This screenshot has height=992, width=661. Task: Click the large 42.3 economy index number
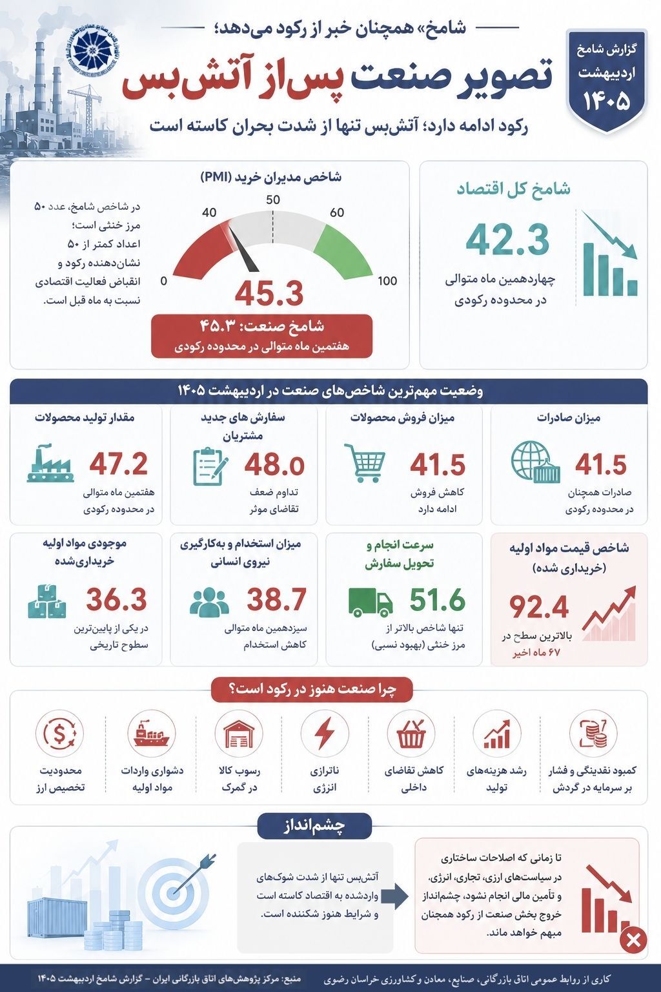(x=507, y=240)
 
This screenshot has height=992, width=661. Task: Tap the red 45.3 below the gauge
(x=269, y=293)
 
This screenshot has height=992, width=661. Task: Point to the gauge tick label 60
(x=337, y=212)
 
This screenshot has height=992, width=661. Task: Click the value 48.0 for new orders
(x=274, y=465)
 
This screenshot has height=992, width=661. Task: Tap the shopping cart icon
(x=365, y=462)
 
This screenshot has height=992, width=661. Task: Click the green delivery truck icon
(x=371, y=601)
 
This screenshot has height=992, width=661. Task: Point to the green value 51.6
(x=438, y=599)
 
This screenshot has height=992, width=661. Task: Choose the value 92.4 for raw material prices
(x=539, y=606)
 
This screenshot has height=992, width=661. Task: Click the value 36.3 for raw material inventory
(x=116, y=599)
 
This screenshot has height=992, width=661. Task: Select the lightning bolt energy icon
(x=325, y=734)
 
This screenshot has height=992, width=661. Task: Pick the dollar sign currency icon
(x=60, y=734)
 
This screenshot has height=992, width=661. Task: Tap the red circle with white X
(x=633, y=940)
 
